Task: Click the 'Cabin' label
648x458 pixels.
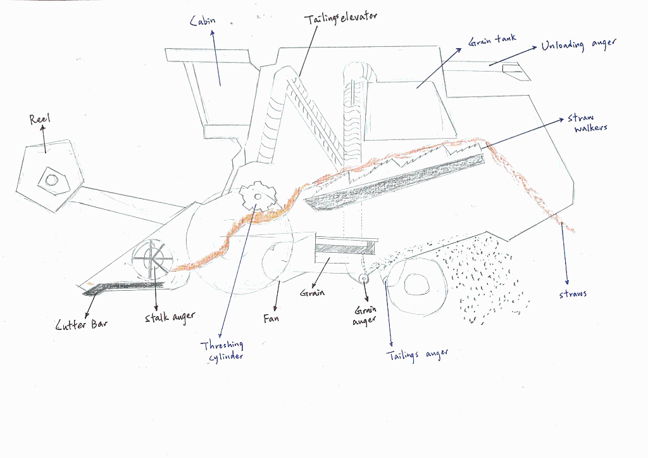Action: (x=203, y=21)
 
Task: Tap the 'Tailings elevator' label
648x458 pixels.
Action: (x=340, y=17)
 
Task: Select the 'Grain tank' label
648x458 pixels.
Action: (x=492, y=41)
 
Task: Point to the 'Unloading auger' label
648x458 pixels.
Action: (x=578, y=46)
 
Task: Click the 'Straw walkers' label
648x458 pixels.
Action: (x=587, y=123)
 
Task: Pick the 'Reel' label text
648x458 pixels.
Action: (x=40, y=118)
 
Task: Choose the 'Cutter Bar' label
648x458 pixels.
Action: (x=82, y=325)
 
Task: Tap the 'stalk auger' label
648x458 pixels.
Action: (x=170, y=317)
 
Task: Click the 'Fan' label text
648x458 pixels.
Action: (x=271, y=318)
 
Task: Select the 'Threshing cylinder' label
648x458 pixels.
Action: (x=222, y=350)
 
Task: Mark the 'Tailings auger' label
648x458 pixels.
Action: (x=417, y=355)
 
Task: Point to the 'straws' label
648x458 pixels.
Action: (x=573, y=293)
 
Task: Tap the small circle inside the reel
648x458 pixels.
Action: (x=51, y=180)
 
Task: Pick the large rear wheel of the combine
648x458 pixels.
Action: (x=415, y=283)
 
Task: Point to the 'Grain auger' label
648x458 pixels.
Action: (x=364, y=315)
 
